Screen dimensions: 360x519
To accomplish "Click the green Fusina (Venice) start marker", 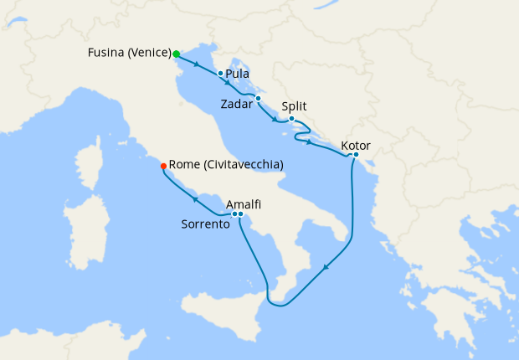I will coord(177,54).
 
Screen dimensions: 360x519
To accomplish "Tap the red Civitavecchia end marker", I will coord(163,166).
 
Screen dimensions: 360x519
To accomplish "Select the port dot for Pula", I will coord(220,74).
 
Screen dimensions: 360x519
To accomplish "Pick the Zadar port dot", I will coord(259,99).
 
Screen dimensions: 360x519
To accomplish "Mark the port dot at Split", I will coord(291,119).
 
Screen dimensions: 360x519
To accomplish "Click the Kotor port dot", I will coord(356,155).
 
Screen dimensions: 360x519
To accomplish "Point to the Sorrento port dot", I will coord(234,215).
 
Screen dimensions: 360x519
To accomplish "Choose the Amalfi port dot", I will coord(241,215).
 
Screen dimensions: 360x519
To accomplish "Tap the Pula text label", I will coord(238,74).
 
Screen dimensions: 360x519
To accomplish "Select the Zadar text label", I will coord(236,105).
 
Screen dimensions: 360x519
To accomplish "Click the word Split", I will coord(294,106).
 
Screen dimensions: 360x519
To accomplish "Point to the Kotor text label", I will coord(357,146).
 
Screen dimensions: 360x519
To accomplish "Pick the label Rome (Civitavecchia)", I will coord(226,166).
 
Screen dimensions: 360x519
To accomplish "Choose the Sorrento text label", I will coord(206,225).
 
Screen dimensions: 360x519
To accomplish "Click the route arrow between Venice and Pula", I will coord(196,64).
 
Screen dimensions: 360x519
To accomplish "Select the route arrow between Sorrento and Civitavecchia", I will coord(194,198).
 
